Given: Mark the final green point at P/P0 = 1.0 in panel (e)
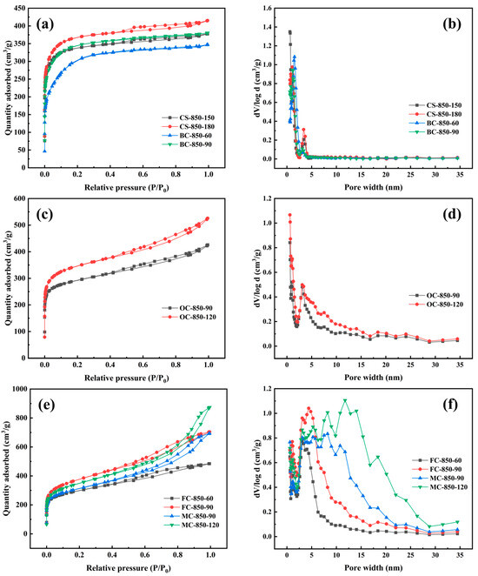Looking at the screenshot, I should point(208,407).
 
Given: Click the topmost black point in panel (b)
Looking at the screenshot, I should point(289,31).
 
